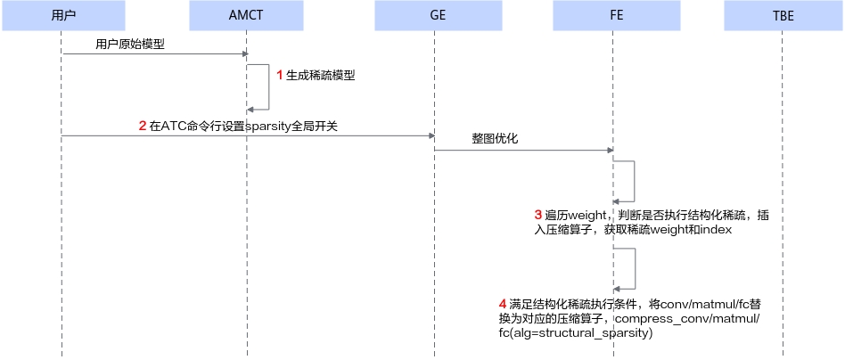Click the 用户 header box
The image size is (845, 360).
click(63, 15)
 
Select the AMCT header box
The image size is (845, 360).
click(246, 15)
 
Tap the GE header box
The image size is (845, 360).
click(439, 15)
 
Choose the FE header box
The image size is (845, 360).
click(617, 15)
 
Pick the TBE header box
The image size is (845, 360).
click(783, 15)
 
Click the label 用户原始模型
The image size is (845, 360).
click(130, 45)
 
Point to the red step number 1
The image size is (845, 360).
click(280, 76)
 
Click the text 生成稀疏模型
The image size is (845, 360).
click(321, 76)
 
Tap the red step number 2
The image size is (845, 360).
click(143, 127)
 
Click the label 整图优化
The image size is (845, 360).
click(494, 138)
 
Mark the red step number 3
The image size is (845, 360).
click(537, 215)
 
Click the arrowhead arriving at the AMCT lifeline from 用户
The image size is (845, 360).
click(244, 53)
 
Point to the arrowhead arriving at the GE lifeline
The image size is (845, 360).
click(431, 135)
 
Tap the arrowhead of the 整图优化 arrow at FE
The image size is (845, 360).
click(610, 151)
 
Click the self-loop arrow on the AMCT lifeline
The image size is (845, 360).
click(267, 86)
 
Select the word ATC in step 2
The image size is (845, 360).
click(172, 127)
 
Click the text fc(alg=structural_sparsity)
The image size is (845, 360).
click(576, 334)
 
